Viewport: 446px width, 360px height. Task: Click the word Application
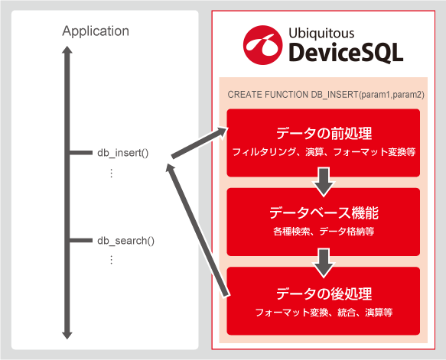(96, 31)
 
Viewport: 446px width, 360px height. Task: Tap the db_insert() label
(123, 153)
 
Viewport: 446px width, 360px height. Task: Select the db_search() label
(125, 241)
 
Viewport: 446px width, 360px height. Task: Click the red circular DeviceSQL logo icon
(262, 45)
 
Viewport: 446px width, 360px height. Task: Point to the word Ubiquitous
(321, 34)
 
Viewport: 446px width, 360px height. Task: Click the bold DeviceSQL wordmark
(346, 53)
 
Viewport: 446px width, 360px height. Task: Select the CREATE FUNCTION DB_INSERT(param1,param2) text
(326, 95)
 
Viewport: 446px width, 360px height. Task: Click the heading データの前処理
(324, 134)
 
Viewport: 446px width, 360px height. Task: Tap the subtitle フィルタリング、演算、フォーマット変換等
(324, 152)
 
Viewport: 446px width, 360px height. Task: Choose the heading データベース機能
(324, 213)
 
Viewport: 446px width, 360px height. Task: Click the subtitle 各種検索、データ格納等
(324, 232)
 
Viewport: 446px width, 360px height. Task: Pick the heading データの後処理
(324, 294)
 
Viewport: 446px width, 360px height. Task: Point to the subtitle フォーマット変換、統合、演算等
(324, 313)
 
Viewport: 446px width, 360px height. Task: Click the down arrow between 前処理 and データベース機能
(324, 182)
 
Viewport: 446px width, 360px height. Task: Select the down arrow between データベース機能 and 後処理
(324, 263)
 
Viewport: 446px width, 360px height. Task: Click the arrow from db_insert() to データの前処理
(200, 142)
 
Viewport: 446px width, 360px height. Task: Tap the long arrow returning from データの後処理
(197, 230)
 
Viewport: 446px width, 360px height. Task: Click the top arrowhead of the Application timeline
(67, 50)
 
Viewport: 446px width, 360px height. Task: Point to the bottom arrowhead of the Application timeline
(67, 336)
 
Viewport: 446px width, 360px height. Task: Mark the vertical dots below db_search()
(111, 260)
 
